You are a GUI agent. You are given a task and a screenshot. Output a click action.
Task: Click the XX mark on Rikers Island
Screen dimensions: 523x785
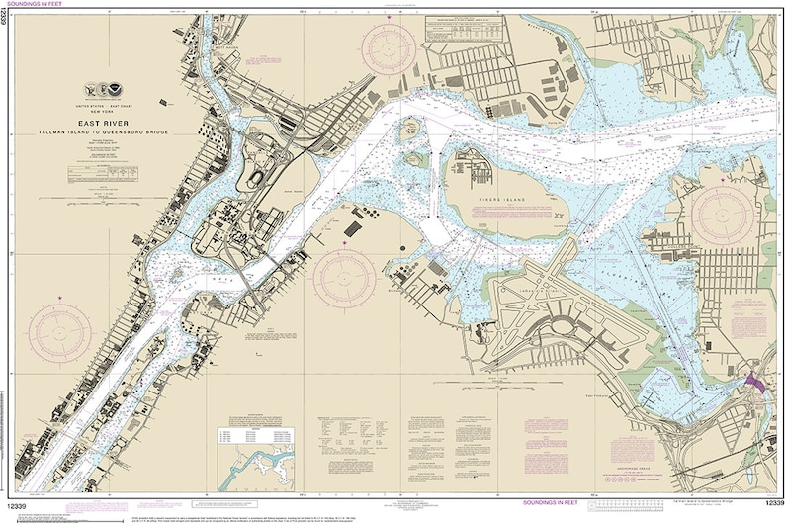tap(560, 215)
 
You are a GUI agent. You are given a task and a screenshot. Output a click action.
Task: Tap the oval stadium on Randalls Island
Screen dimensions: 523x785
tap(257, 180)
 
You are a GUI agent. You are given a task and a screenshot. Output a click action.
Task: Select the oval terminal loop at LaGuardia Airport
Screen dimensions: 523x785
tap(563, 326)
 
